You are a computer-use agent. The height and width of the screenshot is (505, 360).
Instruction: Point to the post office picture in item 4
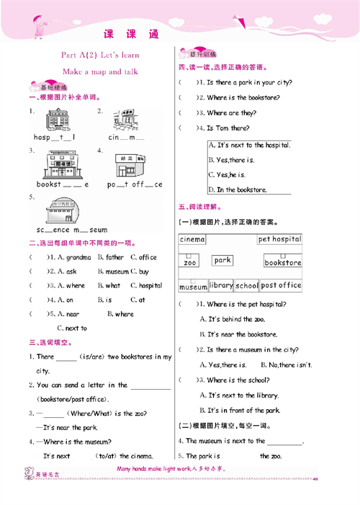(130, 165)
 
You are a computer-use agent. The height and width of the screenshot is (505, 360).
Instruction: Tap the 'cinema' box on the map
(192, 239)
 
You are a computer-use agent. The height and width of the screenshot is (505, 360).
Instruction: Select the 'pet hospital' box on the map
(279, 239)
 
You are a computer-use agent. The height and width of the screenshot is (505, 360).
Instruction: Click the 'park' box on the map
(222, 260)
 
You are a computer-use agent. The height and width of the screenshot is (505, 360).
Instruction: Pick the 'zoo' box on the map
(190, 262)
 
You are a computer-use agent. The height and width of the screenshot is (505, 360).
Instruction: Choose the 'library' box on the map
(221, 285)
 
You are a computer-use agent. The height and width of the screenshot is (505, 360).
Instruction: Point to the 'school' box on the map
(246, 285)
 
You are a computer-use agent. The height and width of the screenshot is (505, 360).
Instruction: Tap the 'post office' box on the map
(281, 285)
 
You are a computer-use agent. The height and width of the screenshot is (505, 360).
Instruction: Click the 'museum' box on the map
(193, 287)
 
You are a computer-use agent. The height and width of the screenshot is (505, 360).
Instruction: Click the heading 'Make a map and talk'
(100, 72)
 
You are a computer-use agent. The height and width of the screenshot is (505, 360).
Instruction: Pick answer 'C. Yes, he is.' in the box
(227, 174)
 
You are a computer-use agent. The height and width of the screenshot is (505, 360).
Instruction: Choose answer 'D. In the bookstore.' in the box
(238, 189)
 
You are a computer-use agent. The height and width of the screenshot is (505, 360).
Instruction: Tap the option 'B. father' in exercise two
(111, 257)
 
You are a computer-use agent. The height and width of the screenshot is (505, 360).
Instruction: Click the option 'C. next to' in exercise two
(71, 329)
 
